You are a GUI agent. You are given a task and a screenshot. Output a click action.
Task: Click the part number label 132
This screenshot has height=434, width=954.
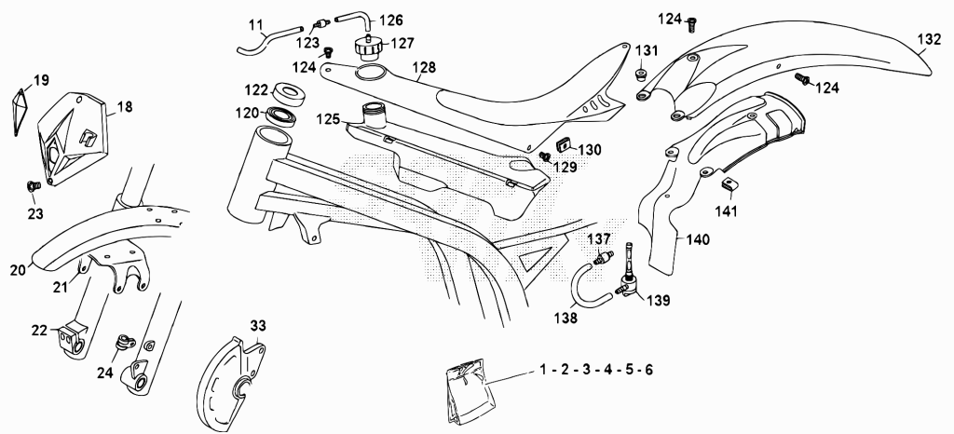929,39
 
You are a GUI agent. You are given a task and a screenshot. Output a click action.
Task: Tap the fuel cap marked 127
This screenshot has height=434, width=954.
367,47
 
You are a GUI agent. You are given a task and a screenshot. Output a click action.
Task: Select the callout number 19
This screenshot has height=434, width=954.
41,80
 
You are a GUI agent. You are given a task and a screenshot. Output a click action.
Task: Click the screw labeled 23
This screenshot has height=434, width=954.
34,184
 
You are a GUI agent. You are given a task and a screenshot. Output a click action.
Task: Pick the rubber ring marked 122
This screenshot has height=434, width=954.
290,94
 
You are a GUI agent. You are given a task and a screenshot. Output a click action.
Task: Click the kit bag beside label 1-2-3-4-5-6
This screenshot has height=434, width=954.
470,389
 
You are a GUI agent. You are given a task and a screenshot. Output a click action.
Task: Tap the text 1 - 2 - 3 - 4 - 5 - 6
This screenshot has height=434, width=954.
596,370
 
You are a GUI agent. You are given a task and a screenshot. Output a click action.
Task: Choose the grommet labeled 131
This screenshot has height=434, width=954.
641,75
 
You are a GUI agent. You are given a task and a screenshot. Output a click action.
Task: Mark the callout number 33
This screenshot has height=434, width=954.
258,326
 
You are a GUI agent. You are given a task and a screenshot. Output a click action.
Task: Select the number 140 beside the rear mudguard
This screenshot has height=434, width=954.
697,240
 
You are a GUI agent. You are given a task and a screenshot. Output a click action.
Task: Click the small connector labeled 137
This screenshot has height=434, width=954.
604,258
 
